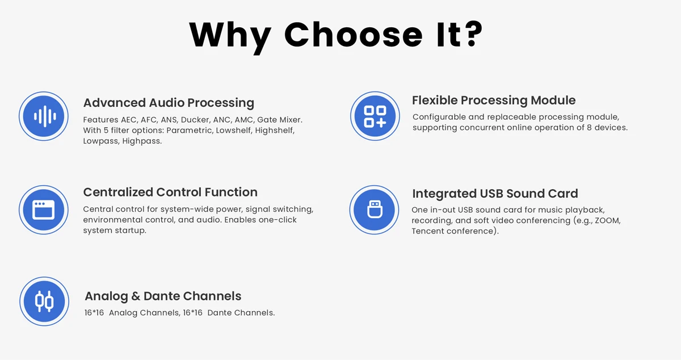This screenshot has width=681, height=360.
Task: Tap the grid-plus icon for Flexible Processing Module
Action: (375, 116)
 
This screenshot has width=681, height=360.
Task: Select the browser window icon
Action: (44, 210)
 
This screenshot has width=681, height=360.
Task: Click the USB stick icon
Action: (374, 210)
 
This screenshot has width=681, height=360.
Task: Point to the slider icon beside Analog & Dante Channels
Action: (44, 302)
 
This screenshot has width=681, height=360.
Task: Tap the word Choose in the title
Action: (353, 35)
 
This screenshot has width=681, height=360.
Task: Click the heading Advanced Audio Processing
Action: (169, 103)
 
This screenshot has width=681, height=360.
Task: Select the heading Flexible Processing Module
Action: (494, 100)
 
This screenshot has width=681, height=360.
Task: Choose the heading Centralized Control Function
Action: (170, 192)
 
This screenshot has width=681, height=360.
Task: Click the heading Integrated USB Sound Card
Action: (495, 194)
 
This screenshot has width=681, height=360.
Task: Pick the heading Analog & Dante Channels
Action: (163, 296)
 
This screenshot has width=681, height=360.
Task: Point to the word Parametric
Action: (190, 130)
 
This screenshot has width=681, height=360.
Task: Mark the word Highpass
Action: (142, 141)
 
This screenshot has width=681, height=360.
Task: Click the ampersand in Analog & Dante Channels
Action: (136, 296)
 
